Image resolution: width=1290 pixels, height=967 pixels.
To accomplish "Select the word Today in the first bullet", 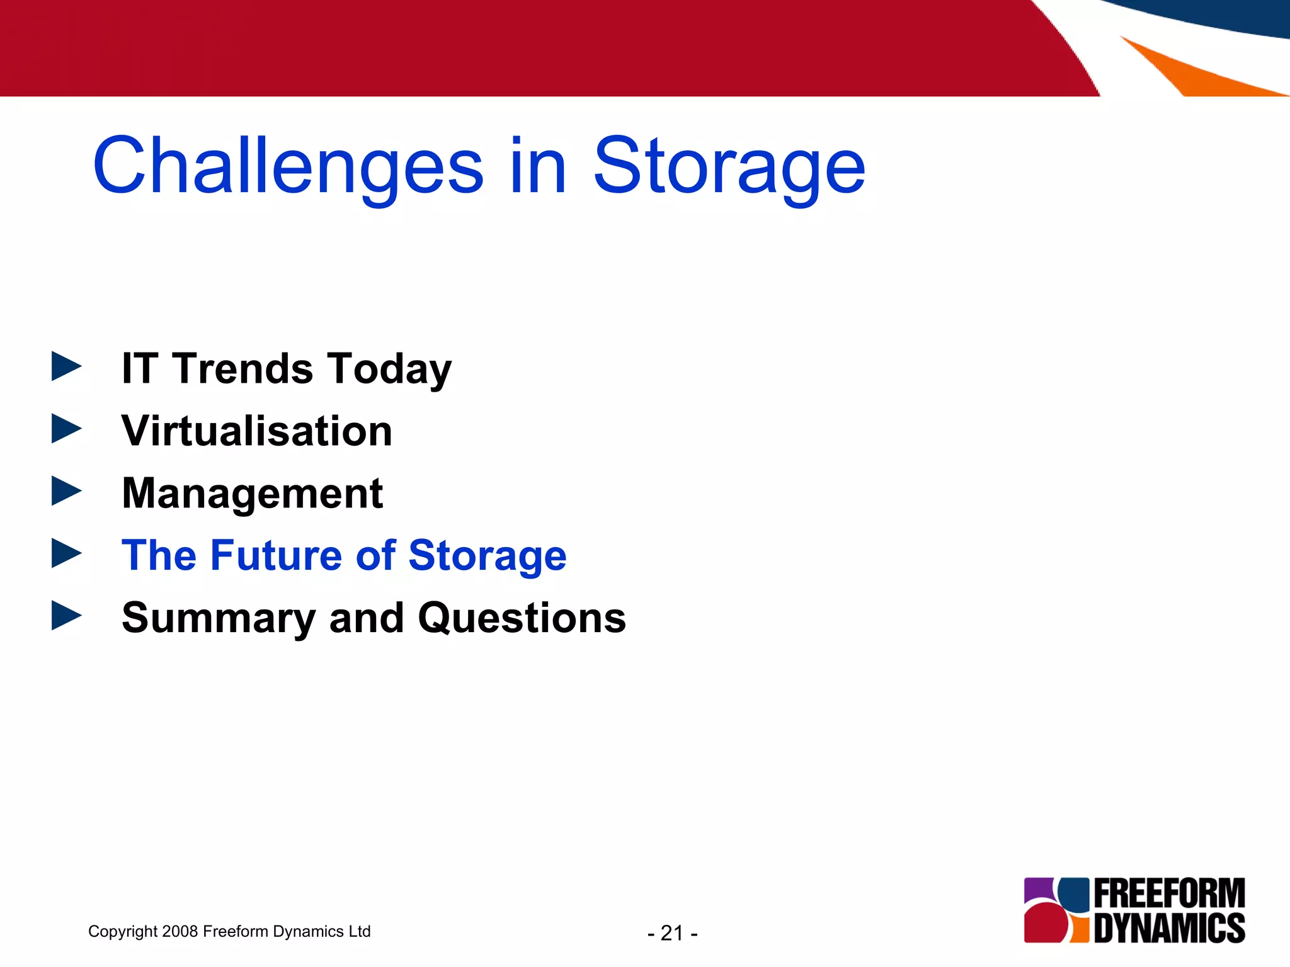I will pos(389,370).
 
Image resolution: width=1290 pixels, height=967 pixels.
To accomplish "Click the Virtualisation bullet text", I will pos(256,431).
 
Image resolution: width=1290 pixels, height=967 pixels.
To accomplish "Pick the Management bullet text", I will pos(252,494).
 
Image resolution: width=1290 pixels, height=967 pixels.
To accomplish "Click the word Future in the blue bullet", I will pos(277,555).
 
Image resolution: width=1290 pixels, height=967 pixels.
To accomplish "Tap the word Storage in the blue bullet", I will pos(487,557).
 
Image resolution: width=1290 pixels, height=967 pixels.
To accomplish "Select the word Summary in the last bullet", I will pos(218,618).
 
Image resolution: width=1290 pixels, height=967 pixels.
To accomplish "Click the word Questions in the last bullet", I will pos(522,618).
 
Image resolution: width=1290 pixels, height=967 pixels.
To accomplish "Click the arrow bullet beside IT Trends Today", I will pos(66,366).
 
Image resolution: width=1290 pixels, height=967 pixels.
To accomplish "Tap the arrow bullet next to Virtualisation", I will pos(66,429).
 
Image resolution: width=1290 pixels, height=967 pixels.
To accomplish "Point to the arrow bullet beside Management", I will pos(66,491).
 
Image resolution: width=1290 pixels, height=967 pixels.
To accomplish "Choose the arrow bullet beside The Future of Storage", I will pos(66,553).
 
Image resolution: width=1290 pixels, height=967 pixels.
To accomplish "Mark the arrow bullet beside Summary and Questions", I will pos(66,615).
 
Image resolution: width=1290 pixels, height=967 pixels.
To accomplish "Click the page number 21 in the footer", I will pos(672,933).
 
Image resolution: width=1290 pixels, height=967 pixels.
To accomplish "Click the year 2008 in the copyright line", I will pos(180,931).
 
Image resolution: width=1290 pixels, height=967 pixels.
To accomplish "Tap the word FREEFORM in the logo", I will pos(1169,893).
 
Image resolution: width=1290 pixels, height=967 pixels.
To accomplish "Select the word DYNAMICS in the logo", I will pos(1169,928).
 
